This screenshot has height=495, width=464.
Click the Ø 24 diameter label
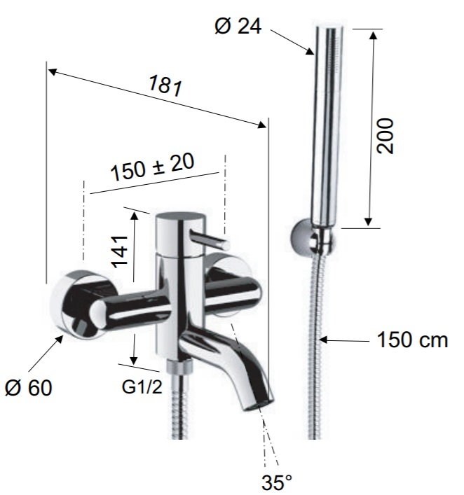(238, 26)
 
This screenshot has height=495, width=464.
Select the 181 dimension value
(165, 85)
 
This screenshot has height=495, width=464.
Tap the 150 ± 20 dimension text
(152, 167)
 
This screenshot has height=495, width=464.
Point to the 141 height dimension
(120, 251)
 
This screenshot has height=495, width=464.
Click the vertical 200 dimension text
(385, 136)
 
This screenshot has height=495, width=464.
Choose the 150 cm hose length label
(412, 340)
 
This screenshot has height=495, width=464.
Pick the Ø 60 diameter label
(29, 387)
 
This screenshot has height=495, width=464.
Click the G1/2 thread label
(142, 386)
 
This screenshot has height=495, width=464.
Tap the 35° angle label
(277, 482)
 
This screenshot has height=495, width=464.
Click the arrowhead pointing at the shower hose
(323, 340)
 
